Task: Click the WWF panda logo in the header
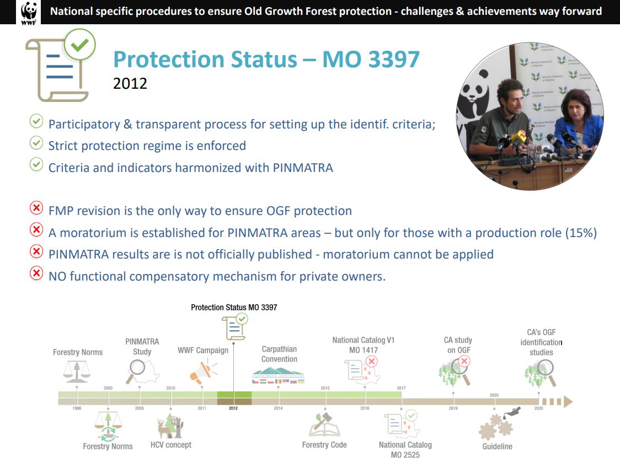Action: [x=29, y=13]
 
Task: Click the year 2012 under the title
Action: [x=130, y=83]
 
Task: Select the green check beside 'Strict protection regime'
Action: [x=36, y=143]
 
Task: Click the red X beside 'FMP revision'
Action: [x=36, y=207]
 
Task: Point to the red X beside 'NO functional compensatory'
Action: [x=36, y=273]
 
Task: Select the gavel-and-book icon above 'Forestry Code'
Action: [x=325, y=424]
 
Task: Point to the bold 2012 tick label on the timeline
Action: [x=233, y=408]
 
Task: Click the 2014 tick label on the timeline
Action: [x=279, y=408]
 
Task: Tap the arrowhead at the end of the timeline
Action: [x=568, y=402]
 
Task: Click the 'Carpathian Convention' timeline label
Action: [x=279, y=354]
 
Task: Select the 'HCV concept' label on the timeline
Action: [x=171, y=445]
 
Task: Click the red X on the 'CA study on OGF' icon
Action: [x=464, y=360]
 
